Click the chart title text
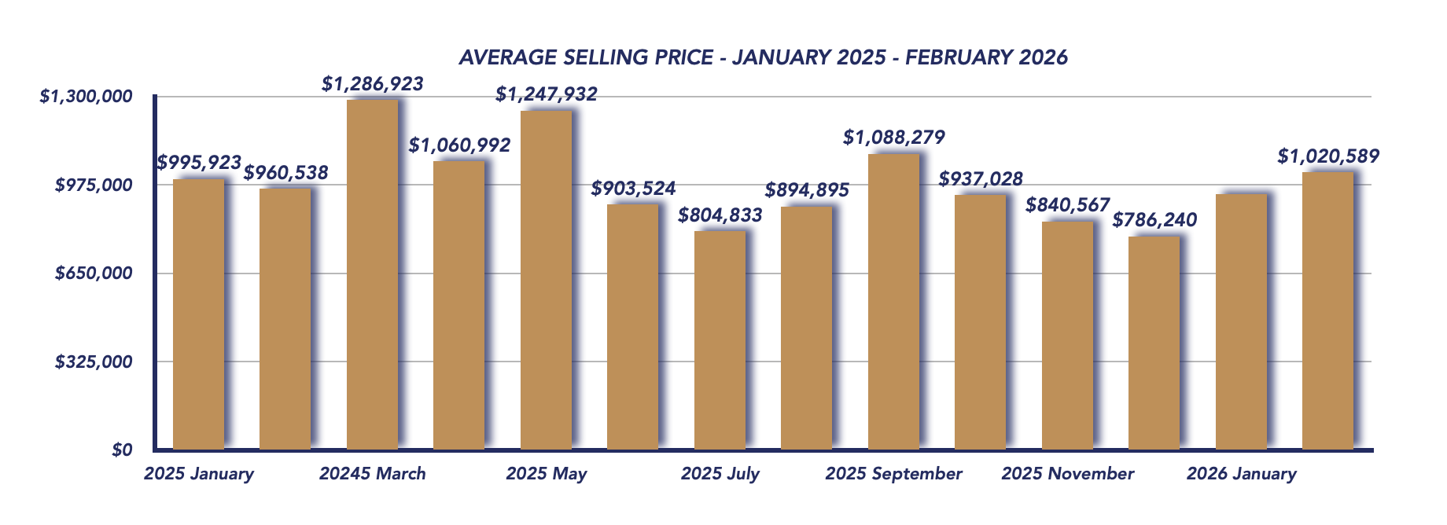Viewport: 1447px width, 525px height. (x=763, y=57)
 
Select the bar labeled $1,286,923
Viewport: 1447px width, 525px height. (x=372, y=275)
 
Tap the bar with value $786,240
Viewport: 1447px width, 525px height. (x=1154, y=343)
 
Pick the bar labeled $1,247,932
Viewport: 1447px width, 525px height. (x=546, y=280)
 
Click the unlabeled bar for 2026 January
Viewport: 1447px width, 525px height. (x=1241, y=322)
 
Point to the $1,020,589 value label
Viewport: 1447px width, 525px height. (x=1328, y=156)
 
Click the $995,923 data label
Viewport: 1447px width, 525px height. (x=199, y=163)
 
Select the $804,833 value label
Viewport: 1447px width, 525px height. (x=720, y=215)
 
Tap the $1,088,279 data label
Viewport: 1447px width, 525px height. (x=894, y=138)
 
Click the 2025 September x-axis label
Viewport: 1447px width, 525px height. (x=894, y=474)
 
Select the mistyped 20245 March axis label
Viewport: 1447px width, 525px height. (x=373, y=474)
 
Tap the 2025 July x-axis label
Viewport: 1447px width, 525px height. (x=720, y=474)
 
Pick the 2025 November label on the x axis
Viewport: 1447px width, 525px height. (x=1068, y=474)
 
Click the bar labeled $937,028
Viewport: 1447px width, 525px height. (x=981, y=322)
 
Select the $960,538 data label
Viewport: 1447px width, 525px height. (x=285, y=173)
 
